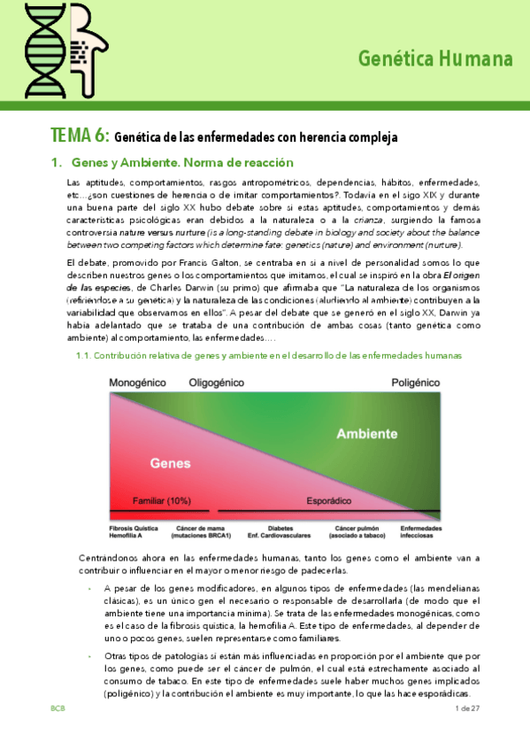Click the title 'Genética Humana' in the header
click(435, 59)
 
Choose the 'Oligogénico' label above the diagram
click(219, 383)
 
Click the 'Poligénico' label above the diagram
click(415, 383)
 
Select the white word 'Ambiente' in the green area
click(365, 434)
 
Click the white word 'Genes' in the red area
click(170, 462)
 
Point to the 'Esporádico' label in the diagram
click(331, 500)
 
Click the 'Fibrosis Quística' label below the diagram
click(134, 529)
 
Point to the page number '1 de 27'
click(466, 709)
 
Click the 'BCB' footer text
click(58, 709)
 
